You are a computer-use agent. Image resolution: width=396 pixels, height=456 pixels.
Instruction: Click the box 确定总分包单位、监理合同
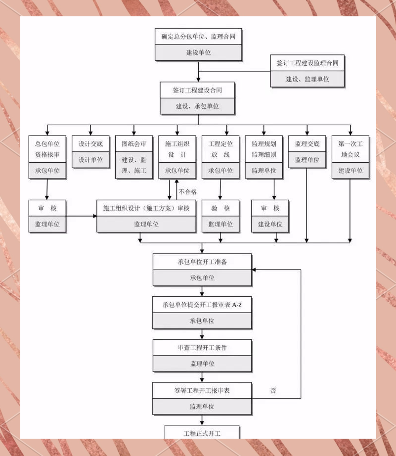coord(198,37)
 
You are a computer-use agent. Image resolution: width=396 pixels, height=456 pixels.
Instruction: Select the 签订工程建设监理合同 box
coord(308,64)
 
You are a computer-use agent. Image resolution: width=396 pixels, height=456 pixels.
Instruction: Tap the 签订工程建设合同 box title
coord(197,91)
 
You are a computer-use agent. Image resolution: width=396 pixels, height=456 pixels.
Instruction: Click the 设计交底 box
coord(90,144)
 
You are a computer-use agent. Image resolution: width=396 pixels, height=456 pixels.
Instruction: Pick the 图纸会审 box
coord(134,144)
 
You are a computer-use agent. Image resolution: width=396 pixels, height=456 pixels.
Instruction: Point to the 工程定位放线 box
coord(220,149)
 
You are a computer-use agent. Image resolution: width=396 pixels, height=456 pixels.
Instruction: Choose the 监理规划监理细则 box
coord(264,149)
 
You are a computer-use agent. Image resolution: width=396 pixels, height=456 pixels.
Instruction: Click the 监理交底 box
coord(307,144)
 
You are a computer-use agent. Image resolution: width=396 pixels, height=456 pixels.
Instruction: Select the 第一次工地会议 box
coord(351,149)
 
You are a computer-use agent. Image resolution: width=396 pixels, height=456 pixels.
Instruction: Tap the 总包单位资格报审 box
coord(47,149)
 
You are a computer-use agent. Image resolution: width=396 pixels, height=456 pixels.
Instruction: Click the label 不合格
coord(188,192)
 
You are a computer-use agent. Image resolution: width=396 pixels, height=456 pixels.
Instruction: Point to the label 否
coord(273,391)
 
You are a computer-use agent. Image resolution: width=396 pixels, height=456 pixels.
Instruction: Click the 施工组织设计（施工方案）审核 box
coord(146,208)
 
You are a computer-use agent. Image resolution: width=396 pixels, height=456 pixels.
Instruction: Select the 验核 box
coord(220,208)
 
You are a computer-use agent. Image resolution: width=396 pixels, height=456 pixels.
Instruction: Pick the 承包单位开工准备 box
coord(202,262)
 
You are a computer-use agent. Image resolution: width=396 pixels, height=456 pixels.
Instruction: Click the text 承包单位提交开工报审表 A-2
coord(202,305)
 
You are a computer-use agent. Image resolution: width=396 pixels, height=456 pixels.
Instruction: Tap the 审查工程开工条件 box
coord(202,348)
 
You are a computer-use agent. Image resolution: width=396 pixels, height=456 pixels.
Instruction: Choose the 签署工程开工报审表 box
coord(202,391)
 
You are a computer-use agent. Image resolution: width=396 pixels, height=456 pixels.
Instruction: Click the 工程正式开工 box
coord(202,433)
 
